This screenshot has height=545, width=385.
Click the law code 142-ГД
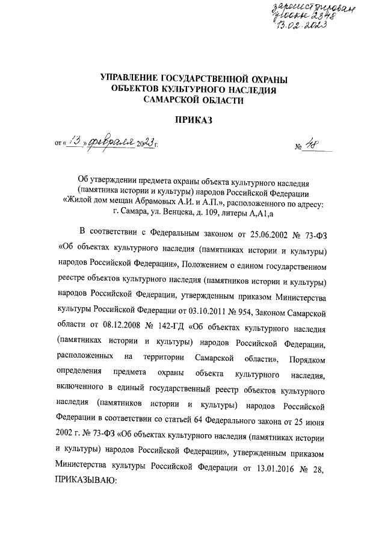point(170,328)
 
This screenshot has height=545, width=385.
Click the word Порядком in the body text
point(306,359)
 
